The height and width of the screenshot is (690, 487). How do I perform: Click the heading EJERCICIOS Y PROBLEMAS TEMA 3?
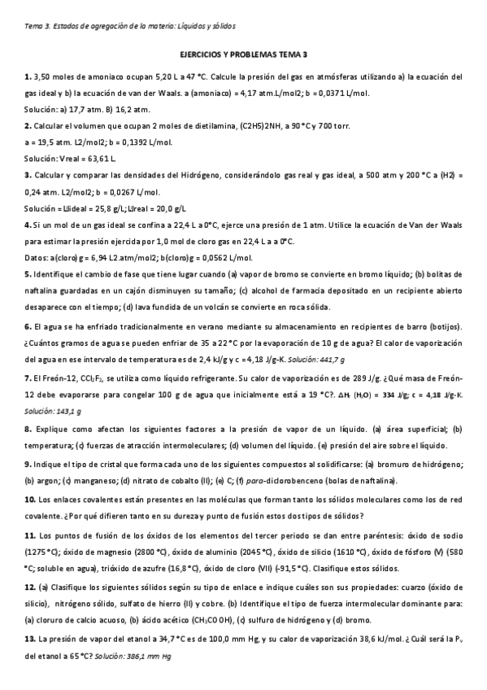(243, 55)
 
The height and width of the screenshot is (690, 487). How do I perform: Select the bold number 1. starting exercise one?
(28, 77)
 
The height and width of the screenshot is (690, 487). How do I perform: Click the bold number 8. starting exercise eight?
(28, 428)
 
